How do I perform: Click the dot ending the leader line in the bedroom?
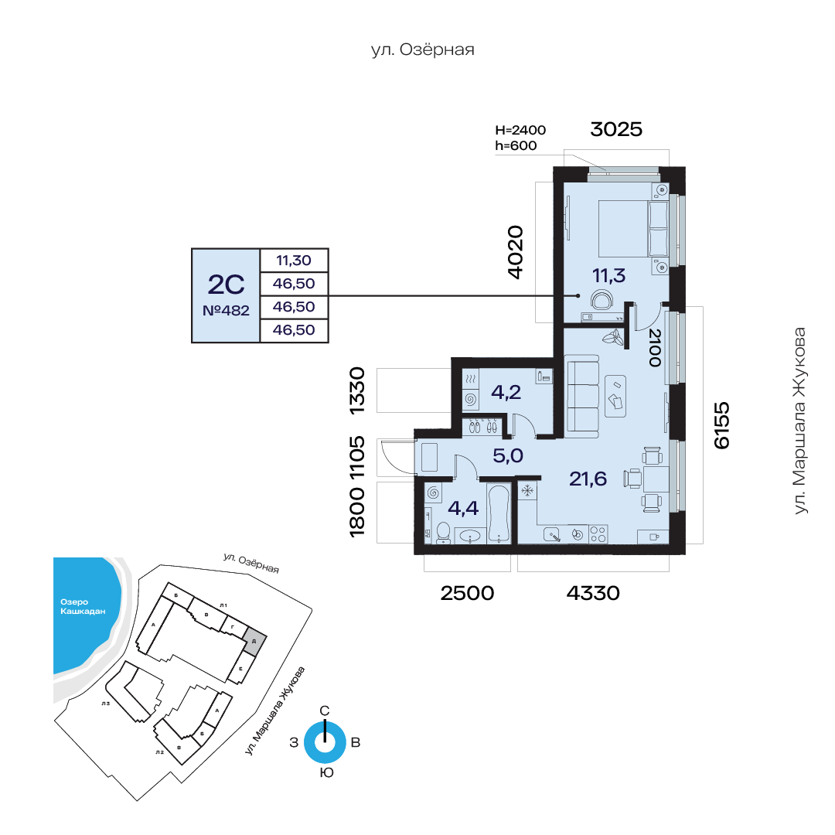click(578, 295)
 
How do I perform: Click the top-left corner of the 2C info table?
click(192, 249)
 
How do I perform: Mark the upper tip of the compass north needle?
click(325, 721)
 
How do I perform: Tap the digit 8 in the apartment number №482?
click(234, 311)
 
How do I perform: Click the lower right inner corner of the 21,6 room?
click(669, 544)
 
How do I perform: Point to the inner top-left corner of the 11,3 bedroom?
click(564, 182)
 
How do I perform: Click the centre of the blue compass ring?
click(325, 741)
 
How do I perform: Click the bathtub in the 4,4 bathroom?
click(499, 513)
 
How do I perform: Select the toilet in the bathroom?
click(443, 533)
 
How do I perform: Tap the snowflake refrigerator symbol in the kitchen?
click(527, 490)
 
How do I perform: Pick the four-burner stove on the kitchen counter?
click(598, 534)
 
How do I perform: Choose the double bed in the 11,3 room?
click(633, 228)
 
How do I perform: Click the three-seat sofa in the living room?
click(583, 393)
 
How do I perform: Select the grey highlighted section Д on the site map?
click(254, 641)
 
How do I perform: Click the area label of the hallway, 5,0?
click(507, 456)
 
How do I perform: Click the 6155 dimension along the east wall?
click(721, 425)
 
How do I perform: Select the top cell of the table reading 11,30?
click(294, 261)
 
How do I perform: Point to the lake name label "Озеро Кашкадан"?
click(83, 607)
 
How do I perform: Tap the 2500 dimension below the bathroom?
click(467, 593)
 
